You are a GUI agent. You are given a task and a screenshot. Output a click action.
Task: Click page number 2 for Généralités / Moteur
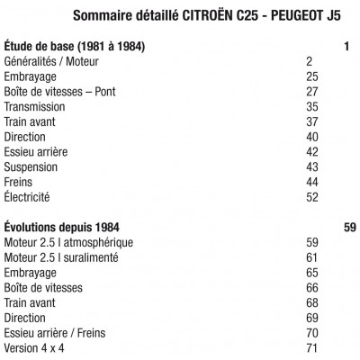pos(309,60)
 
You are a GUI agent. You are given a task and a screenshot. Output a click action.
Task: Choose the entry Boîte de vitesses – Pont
pos(59,91)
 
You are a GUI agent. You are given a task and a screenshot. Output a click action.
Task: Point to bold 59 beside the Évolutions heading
pos(350,228)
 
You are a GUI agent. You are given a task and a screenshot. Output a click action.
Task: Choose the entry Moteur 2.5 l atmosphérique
pos(68,243)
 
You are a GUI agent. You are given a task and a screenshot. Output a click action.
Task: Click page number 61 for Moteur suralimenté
pos(312,257)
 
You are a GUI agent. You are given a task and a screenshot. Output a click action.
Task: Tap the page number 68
pos(312,303)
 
